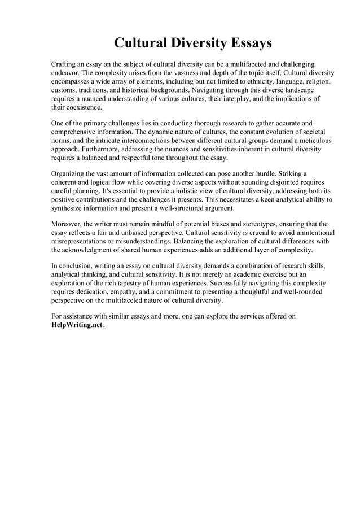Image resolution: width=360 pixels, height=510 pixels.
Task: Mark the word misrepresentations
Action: point(83,241)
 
